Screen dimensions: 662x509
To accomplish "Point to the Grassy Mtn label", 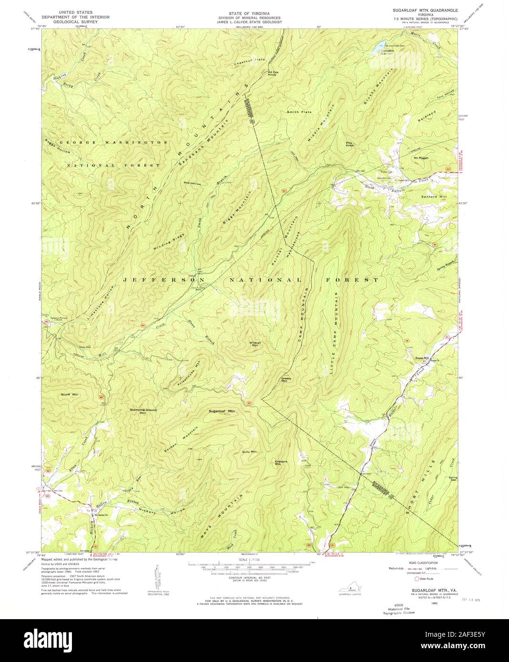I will tap(286, 380).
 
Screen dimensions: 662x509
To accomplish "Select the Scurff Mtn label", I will tap(70, 395).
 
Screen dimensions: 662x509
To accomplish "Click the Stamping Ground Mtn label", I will tap(143, 411).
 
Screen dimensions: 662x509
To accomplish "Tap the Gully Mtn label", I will tap(249, 451).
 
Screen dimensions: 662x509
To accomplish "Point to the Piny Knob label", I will tap(349, 144).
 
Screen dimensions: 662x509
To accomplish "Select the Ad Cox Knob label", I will tap(272, 73).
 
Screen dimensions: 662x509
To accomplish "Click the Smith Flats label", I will tap(299, 112).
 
